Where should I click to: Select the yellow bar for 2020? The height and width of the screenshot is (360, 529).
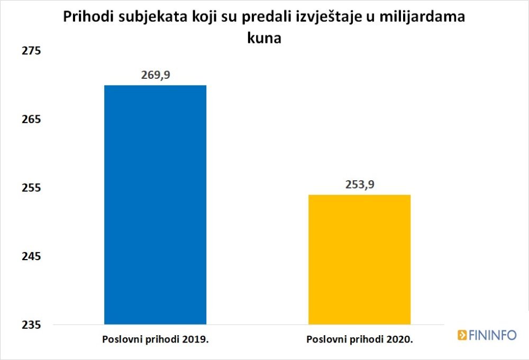point(359,259)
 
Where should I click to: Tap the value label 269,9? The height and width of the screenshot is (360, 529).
point(156,75)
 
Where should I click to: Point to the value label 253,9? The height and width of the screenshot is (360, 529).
point(359,184)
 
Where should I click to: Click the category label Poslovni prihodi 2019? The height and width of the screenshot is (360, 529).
point(156,338)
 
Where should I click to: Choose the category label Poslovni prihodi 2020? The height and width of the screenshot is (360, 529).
point(359,338)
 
